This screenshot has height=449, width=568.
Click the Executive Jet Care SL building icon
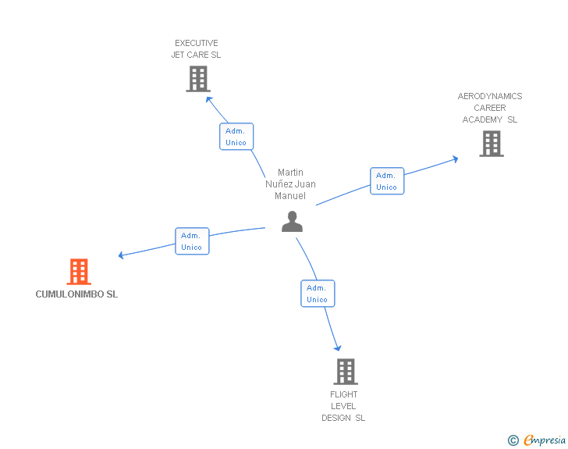tap(198, 78)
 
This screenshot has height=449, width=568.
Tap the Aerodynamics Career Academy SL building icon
tap(491, 144)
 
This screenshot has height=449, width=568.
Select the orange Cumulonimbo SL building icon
tap(79, 272)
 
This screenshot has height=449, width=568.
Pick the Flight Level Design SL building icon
tap(346, 372)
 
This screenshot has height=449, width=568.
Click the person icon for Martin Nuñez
tap(292, 222)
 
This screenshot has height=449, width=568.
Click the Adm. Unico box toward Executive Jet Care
tap(236, 137)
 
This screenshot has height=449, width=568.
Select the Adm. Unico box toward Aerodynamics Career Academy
tap(387, 181)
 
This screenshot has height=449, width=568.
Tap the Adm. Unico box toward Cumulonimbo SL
tap(192, 241)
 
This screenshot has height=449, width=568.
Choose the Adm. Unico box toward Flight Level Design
tap(318, 294)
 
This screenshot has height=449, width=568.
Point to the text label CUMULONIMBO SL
tap(76, 294)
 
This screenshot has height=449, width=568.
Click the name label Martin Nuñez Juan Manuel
tap(290, 184)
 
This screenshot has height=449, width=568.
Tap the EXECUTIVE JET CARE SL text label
tap(197, 49)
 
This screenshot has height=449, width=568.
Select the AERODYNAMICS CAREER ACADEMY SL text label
tap(490, 108)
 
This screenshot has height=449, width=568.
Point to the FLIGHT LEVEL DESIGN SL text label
tap(343, 406)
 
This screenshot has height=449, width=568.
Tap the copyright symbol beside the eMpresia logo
tap(513, 440)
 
